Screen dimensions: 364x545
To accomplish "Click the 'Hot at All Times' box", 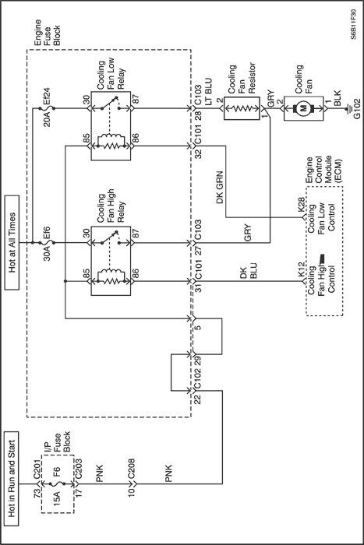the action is (12, 242).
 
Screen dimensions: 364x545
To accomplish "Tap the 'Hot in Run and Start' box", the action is (12, 479).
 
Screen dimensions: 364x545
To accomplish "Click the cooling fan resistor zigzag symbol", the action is (242, 108).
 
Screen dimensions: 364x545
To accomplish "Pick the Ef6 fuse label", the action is (47, 232).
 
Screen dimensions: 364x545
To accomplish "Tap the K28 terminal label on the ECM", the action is (302, 206).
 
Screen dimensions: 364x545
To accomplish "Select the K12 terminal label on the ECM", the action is (302, 269).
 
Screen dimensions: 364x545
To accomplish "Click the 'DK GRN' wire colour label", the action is (220, 187).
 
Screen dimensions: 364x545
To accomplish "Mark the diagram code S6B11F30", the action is (354, 25).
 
